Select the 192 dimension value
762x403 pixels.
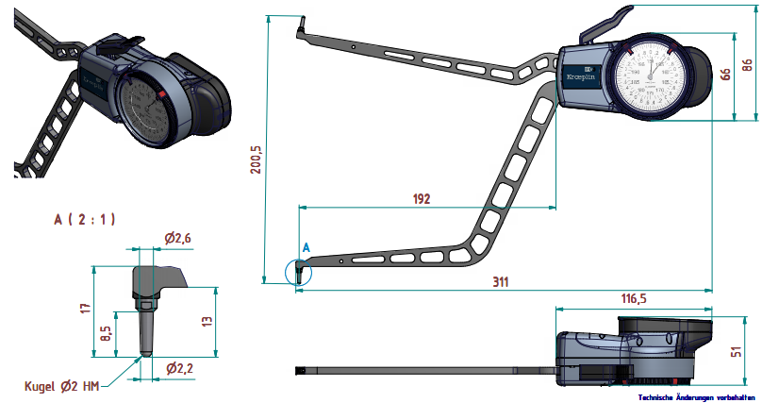(421, 198)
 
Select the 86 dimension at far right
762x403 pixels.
(748, 67)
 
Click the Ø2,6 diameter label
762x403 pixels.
(177, 239)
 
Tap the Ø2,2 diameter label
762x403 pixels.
(179, 368)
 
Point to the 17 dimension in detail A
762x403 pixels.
(86, 308)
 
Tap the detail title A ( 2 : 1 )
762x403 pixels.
(85, 219)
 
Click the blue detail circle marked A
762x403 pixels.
(298, 271)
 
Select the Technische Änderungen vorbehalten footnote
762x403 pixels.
(696, 397)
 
